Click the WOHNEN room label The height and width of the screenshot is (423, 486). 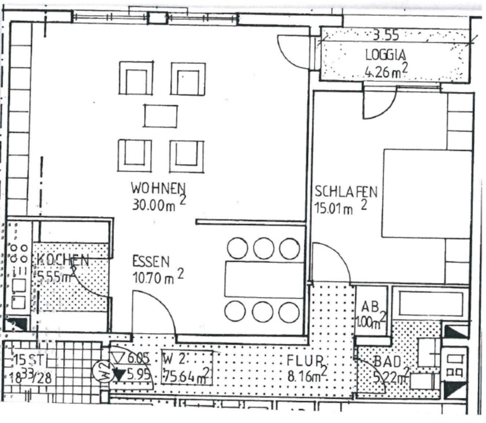[159, 187]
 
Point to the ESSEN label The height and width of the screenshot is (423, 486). [151, 261]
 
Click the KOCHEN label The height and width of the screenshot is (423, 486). [63, 261]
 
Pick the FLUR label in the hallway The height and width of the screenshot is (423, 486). [305, 360]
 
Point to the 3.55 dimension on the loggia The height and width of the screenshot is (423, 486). [386, 35]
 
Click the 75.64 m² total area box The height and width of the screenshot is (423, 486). [187, 374]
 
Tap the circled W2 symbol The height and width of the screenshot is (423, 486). [102, 372]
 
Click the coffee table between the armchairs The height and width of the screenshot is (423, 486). [160, 116]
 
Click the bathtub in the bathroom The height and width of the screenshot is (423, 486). [430, 304]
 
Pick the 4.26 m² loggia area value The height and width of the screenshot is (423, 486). [386, 72]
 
